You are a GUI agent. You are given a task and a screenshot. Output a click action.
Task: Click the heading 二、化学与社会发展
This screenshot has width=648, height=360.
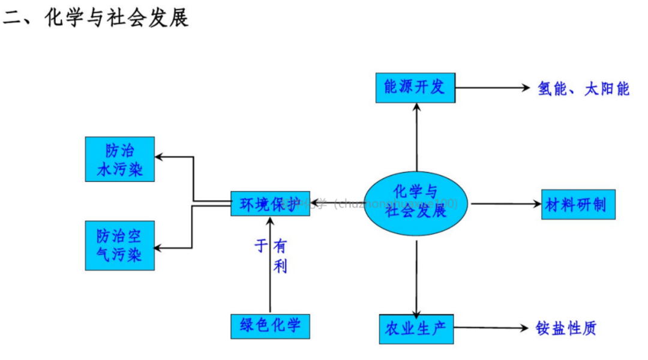(96, 18)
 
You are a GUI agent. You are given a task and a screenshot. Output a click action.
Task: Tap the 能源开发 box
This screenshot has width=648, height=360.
(415, 88)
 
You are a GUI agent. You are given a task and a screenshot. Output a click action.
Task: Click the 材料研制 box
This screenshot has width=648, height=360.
(578, 205)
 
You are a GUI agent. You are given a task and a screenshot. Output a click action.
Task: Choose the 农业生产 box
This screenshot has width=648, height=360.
(416, 328)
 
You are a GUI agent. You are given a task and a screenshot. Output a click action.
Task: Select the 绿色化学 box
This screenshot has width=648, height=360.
(270, 326)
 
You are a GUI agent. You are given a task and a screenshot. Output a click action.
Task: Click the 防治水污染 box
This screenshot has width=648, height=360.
(120, 159)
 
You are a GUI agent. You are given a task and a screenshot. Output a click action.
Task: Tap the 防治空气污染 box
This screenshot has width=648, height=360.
(120, 245)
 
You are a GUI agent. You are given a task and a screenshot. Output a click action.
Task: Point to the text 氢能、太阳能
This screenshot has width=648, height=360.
(583, 89)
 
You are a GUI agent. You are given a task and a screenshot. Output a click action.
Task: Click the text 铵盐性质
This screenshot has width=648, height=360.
(566, 328)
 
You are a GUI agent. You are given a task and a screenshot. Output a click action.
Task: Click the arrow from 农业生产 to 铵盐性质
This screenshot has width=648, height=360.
(489, 328)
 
